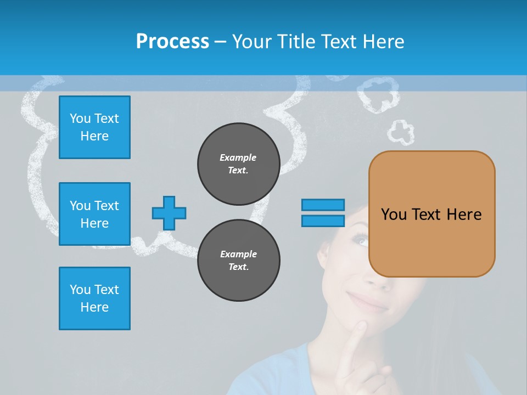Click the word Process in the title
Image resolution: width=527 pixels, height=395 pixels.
pos(172,42)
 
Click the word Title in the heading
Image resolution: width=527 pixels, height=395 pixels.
pos(295,42)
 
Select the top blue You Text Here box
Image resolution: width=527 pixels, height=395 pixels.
pos(94,127)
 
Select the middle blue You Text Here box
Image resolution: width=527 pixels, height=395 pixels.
pos(94,214)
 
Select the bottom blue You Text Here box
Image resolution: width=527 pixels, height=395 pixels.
pos(94,298)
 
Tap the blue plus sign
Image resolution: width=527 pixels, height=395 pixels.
pos(169,213)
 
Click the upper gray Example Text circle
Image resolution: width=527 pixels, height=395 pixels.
pos(238,164)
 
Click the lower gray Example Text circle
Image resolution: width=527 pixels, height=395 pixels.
pos(238,261)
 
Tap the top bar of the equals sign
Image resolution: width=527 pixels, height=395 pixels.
pos(323,205)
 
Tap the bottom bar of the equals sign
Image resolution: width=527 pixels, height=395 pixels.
pos(323,221)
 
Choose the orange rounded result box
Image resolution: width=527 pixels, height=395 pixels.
pos(431,214)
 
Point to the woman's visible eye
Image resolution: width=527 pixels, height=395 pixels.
pos(361,240)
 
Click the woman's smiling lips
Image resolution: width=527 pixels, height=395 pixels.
pos(367,301)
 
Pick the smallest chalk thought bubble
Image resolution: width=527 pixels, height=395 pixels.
pos(401,132)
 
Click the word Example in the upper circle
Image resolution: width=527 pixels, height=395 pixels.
pos(238,157)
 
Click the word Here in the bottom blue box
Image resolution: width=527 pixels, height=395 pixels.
pos(94,307)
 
